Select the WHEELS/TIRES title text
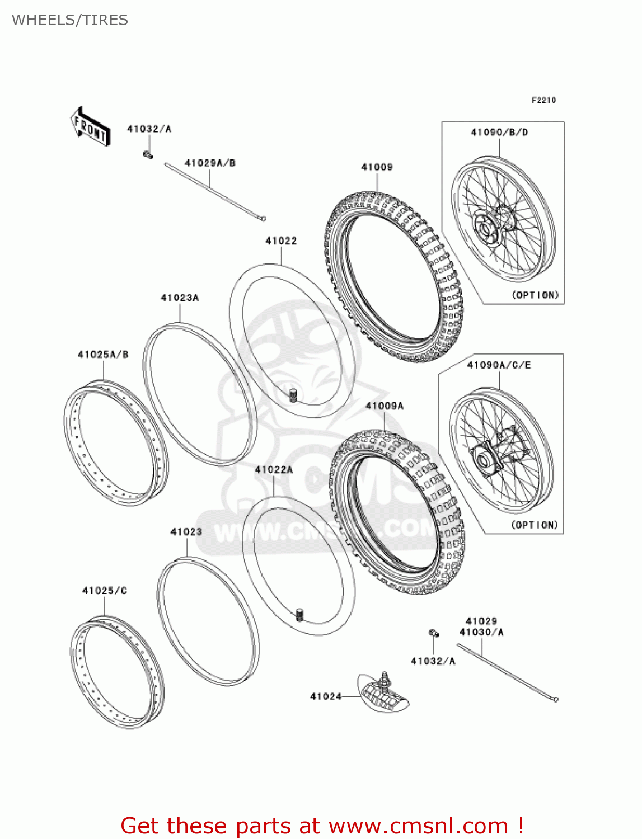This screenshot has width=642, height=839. pos(70,20)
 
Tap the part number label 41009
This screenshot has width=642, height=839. pos(377,167)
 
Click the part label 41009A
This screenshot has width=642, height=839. pos(385,406)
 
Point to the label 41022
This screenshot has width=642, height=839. pos(281,241)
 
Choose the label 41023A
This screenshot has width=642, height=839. pos(180,298)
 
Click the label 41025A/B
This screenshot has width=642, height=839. pos(103,354)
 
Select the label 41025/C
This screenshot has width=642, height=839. pos(105,590)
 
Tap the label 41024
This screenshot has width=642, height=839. pos(326,696)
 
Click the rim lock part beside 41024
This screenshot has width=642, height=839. pos(384,694)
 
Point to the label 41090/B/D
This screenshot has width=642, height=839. pos(499,133)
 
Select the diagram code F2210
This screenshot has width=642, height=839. pos(543,100)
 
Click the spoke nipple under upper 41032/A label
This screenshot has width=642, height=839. pos(148,154)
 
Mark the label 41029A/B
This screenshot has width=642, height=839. pos(210,163)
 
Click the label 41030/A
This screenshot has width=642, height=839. pos(481,632)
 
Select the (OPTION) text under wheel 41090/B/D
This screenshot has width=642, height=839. pos(535,295)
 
